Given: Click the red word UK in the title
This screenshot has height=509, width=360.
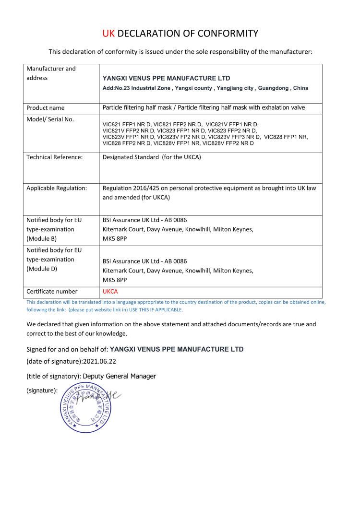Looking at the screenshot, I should [108, 33].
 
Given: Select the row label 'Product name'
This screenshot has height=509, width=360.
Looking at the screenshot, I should [46, 108].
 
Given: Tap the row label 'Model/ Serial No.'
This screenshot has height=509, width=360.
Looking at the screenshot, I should [50, 119].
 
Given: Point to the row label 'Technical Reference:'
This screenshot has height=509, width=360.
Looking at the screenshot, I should [55, 157].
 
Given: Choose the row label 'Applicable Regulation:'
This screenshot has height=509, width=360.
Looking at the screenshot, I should [57, 188].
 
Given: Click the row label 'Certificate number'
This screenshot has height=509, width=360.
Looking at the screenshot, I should [52, 291].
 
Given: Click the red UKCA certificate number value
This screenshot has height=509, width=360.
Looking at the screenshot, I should [110, 291].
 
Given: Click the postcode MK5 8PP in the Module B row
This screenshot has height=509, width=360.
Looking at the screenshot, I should [115, 238].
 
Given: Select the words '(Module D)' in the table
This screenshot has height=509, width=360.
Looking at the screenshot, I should [42, 269].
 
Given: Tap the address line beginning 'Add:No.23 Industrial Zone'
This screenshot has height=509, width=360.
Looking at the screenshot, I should [205, 88].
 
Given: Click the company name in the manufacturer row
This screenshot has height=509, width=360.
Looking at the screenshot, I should [167, 78].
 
